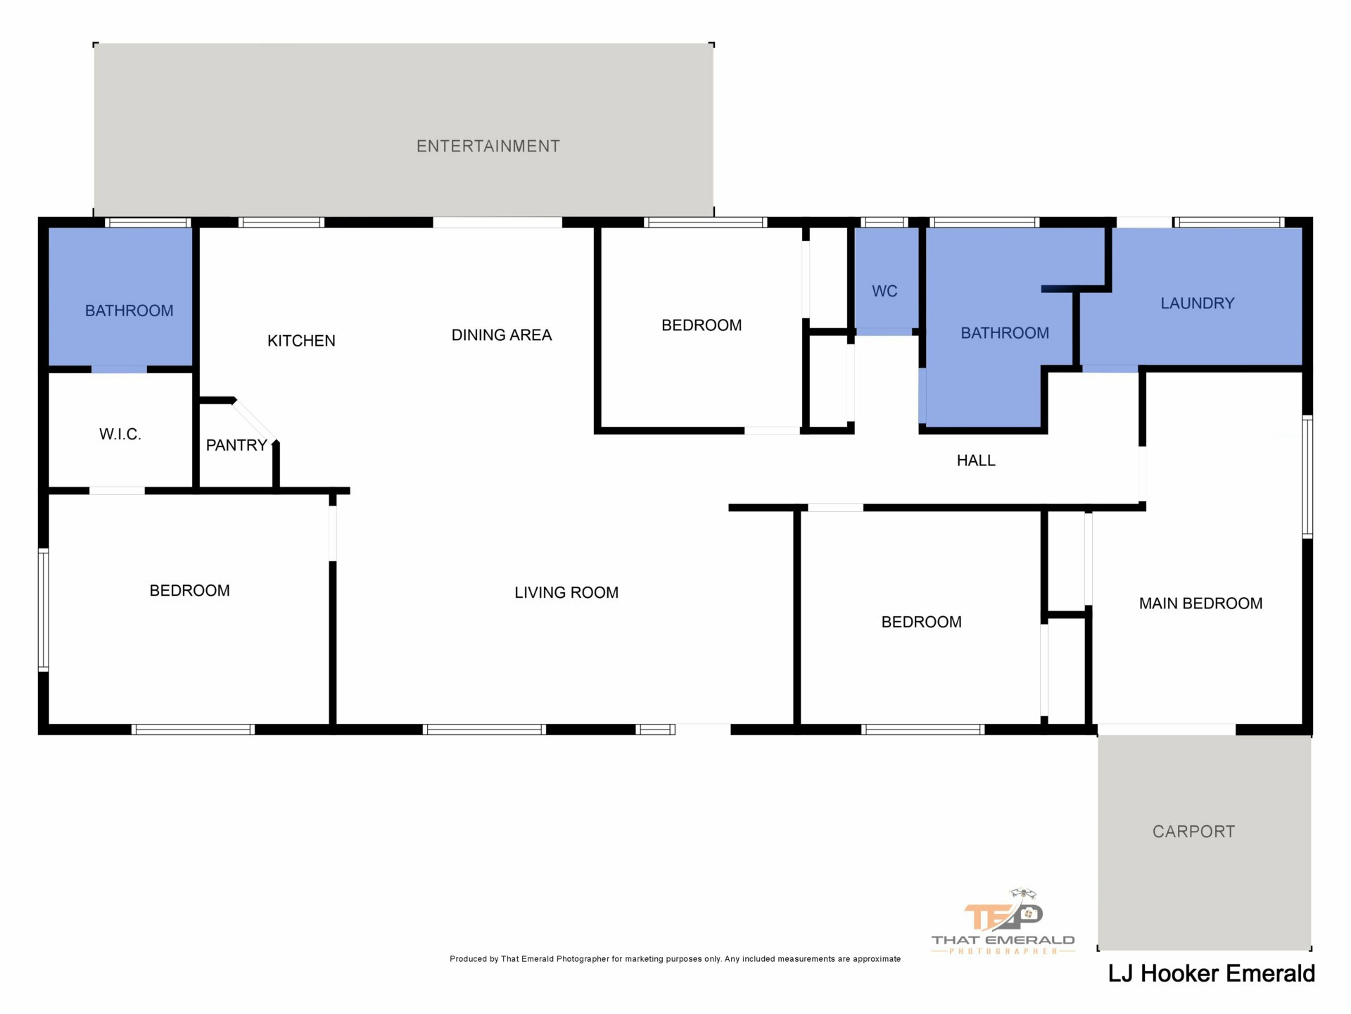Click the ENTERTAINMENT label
(x=488, y=146)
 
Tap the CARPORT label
(x=1193, y=832)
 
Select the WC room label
(x=884, y=291)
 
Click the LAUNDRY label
(x=1198, y=303)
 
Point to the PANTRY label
(x=236, y=445)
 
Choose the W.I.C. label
(x=120, y=434)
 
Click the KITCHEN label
(x=301, y=341)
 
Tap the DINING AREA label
(x=502, y=335)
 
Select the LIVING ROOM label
(x=566, y=593)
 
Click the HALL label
(x=976, y=461)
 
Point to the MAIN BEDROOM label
(x=1200, y=603)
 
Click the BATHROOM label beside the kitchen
(x=129, y=311)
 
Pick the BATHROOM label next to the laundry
(x=1005, y=333)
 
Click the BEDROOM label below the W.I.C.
(x=189, y=591)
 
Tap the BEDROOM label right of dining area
(x=702, y=325)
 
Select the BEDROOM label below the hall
(x=921, y=622)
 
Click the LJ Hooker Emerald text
(x=1211, y=974)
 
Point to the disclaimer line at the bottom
(x=675, y=959)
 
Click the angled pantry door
(x=255, y=420)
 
